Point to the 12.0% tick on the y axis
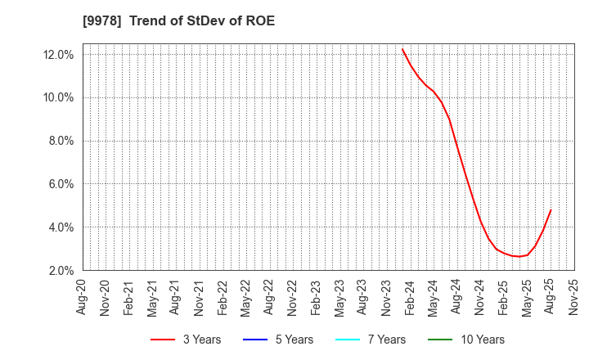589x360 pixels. (60, 55)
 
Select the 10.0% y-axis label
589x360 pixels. (60, 98)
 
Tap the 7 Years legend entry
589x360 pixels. (373, 340)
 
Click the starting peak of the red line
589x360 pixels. (402, 49)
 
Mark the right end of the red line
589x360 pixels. (551, 210)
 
